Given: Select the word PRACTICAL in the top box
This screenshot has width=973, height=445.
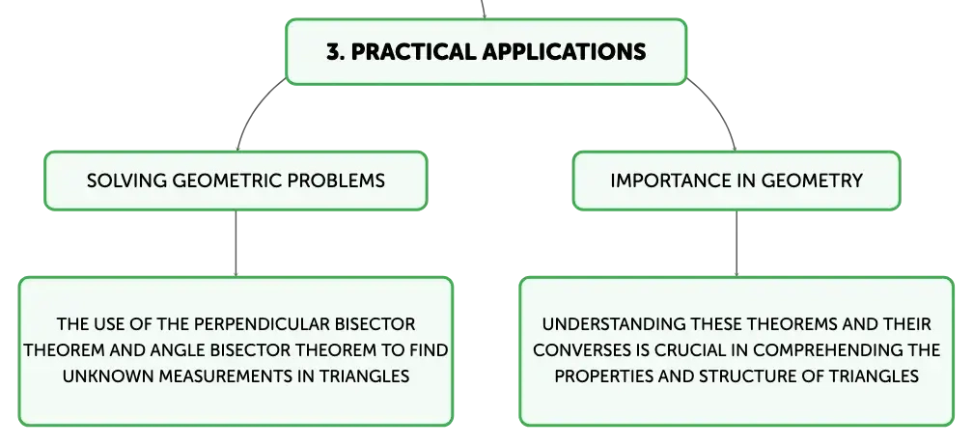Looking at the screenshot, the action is tap(414, 51).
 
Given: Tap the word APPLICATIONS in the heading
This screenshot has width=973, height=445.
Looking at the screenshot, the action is tap(564, 51).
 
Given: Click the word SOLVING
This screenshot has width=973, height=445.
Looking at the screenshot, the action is tap(126, 181).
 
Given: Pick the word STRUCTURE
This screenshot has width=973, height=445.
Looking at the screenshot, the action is tap(751, 376).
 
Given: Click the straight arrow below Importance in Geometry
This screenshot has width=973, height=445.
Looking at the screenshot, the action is tap(737, 243).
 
